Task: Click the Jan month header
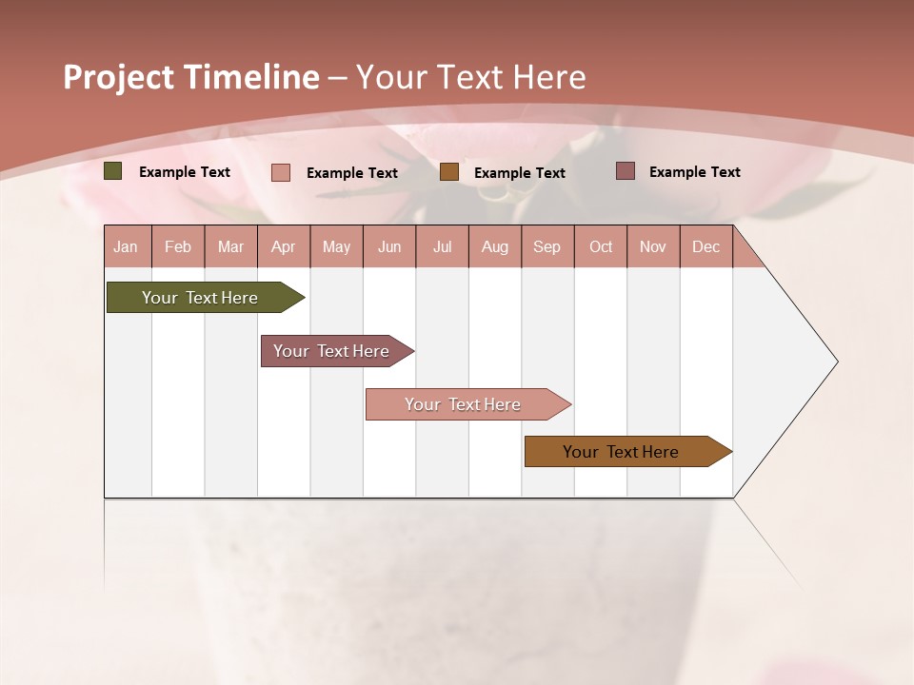point(126,246)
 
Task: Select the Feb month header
point(178,246)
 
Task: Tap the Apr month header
point(283,246)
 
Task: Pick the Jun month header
point(389,246)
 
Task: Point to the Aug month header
point(494,246)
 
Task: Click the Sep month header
point(546,246)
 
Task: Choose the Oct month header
point(601,246)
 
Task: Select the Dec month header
point(705,246)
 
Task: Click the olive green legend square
point(113,171)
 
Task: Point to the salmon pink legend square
point(281,172)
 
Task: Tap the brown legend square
point(449,172)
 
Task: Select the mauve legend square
point(626,171)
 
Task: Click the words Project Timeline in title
point(190,77)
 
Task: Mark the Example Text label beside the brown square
point(519,173)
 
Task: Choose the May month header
point(336,246)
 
